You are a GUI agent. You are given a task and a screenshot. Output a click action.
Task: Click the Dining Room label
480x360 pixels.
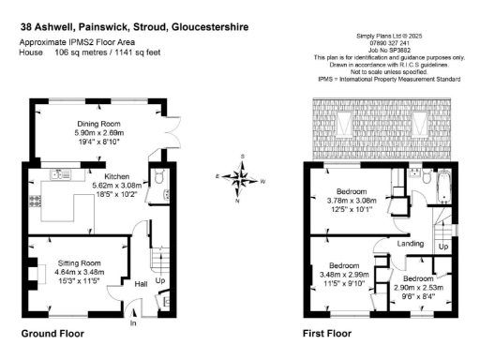pyautogui.click(x=98, y=124)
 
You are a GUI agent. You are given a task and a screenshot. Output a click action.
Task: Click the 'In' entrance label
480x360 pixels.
pyautogui.click(x=133, y=323)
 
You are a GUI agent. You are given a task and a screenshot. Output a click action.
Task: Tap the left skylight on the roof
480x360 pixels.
pyautogui.click(x=341, y=121)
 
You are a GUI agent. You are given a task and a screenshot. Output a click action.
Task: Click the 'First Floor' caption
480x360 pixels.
pyautogui.click(x=327, y=334)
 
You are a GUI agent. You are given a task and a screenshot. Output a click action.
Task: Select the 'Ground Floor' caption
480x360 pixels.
pyautogui.click(x=52, y=334)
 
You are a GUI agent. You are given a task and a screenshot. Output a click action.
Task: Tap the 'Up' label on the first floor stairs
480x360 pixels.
pyautogui.click(x=443, y=246)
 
